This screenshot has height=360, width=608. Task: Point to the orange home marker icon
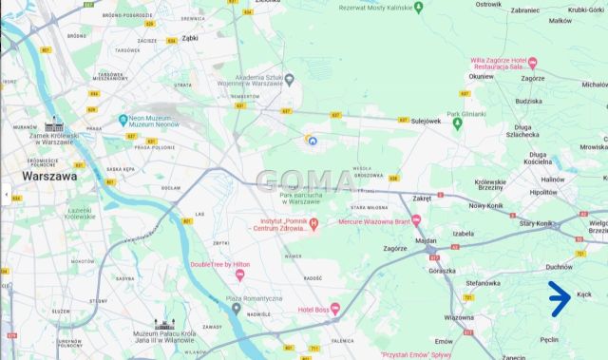pyautogui.click(x=310, y=140)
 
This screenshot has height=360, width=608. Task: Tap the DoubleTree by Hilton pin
pyautogui.click(x=239, y=275)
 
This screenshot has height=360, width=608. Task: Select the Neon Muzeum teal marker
pyautogui.click(x=123, y=120)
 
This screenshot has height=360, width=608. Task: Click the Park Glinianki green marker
pyautogui.click(x=457, y=125)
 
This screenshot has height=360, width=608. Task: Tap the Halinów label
pyautogui.click(x=553, y=179)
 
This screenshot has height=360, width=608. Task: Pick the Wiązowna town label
pyautogui.click(x=460, y=317)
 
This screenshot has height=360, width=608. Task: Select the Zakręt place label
pyautogui.click(x=422, y=198)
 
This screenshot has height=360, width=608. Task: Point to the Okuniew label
pyautogui.click(x=482, y=76)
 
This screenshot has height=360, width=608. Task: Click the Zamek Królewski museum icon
pyautogui.click(x=53, y=126)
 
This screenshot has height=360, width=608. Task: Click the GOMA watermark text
pyautogui.click(x=304, y=180)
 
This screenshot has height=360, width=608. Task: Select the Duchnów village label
pyautogui.click(x=560, y=267)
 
